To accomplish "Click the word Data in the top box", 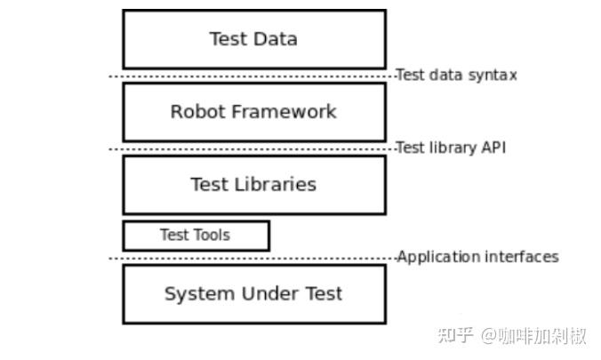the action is (x=276, y=39).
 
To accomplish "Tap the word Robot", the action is (x=197, y=112).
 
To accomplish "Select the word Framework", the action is (x=284, y=112).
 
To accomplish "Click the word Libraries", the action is (x=276, y=184).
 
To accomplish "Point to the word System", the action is (x=200, y=294).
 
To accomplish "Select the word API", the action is (x=493, y=148).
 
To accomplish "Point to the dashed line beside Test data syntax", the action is (x=252, y=76).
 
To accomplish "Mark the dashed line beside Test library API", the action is (x=252, y=149).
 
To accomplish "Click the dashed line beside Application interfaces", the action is (x=252, y=259).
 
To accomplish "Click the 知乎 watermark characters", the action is (x=455, y=335).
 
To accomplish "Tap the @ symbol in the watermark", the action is (x=490, y=336).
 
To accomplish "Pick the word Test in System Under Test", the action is (x=324, y=293).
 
